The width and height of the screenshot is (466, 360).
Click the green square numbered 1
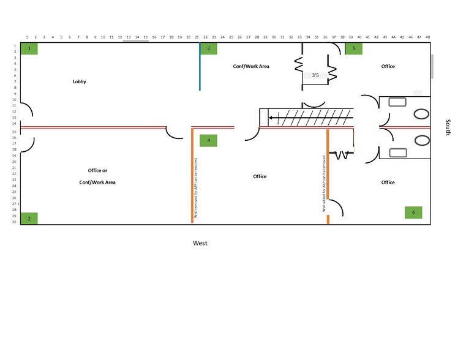coord(29,48)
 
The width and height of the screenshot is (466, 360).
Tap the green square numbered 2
coord(29,218)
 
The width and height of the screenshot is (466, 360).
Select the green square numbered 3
coord(209,48)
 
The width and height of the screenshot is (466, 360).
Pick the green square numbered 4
coord(209,140)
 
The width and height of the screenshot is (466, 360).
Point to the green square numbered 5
coord(353,48)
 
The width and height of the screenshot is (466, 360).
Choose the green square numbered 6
coord(413,212)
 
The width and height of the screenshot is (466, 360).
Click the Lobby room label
coord(80,81)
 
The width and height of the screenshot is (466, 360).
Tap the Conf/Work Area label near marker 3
coord(251,66)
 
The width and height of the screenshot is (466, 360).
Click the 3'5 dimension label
coord(316,75)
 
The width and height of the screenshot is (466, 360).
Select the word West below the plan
coord(200,243)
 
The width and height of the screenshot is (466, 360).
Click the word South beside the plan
coord(448,127)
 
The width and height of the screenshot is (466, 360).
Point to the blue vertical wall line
coord(200,66)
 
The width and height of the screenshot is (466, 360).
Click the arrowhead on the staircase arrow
coord(271,117)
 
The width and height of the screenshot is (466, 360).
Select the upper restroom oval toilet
coord(422,113)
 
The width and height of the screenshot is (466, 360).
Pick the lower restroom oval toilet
coord(422,140)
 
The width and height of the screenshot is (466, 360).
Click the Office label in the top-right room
coord(388,66)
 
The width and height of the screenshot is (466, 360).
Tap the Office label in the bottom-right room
coord(388,182)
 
